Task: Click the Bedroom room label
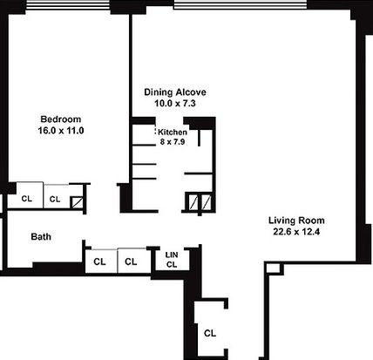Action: (61, 119)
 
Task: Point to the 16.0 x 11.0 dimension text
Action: (61, 131)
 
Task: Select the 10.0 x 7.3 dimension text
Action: (175, 103)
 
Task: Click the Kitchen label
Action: (173, 132)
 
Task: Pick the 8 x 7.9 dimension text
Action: (173, 142)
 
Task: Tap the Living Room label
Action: (296, 221)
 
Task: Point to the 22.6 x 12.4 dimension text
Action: (296, 232)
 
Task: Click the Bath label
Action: (41, 236)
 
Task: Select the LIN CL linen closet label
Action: (172, 260)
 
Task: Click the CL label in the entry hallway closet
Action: (210, 333)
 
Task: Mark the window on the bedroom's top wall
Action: (68, 6)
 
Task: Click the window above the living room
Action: (241, 4)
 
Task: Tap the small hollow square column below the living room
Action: (274, 268)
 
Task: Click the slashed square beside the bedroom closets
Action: (77, 202)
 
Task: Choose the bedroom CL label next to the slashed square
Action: (55, 200)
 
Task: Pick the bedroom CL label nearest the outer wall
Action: (27, 199)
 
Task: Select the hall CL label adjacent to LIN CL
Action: (131, 262)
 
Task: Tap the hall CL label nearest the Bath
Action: (99, 262)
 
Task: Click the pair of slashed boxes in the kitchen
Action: (200, 201)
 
